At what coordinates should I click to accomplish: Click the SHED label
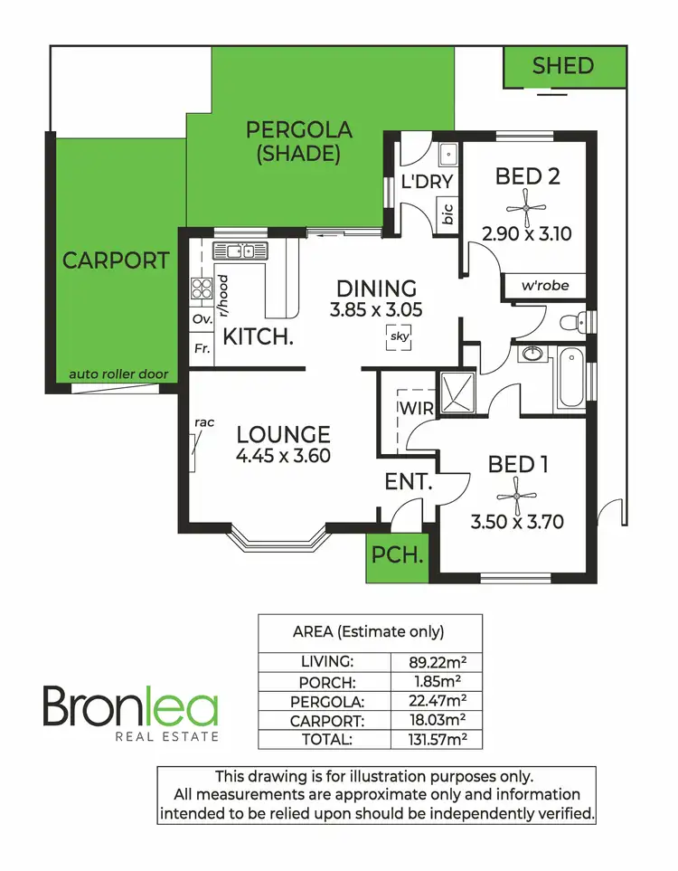pyautogui.click(x=562, y=65)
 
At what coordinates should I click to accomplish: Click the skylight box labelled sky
pyautogui.click(x=399, y=337)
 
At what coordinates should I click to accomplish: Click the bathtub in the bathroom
pyautogui.click(x=570, y=380)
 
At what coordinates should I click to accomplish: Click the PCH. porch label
pyautogui.click(x=399, y=555)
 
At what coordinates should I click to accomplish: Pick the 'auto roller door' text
pyautogui.click(x=118, y=374)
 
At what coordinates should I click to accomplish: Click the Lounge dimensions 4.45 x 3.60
pyautogui.click(x=282, y=456)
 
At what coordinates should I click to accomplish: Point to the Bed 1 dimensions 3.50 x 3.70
pyautogui.click(x=519, y=522)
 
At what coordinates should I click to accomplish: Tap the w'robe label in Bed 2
pyautogui.click(x=545, y=285)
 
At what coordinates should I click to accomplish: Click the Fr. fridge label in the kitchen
pyautogui.click(x=200, y=348)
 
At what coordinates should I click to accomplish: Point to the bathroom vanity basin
pyautogui.click(x=531, y=355)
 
